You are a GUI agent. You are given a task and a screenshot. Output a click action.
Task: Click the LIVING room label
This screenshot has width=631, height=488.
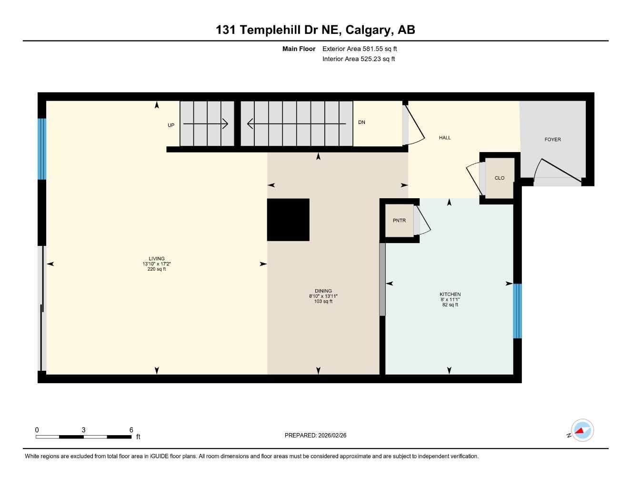click(x=157, y=259)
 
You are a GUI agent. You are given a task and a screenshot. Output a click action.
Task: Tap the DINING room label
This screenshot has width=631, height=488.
click(x=323, y=291)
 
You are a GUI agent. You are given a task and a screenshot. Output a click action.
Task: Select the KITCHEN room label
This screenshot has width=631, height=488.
click(x=450, y=295)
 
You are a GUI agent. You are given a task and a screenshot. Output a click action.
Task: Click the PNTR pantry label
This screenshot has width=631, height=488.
click(x=399, y=221)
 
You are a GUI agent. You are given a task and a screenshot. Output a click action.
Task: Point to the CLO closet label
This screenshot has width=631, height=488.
click(x=499, y=178)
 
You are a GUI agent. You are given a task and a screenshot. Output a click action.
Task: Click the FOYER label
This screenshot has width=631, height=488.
click(x=552, y=140)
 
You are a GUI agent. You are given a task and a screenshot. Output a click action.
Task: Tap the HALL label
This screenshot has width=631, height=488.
click(x=445, y=138)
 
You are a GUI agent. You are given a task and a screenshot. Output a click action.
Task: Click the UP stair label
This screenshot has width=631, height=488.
click(x=171, y=125)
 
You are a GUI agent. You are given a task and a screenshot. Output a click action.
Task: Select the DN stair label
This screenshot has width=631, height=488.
click(x=361, y=122)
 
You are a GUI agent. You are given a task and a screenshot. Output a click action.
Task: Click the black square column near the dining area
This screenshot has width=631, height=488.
click(x=288, y=220)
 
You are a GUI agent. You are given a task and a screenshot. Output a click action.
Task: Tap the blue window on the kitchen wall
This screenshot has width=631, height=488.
click(x=517, y=311)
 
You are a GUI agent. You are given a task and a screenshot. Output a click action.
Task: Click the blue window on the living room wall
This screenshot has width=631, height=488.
click(x=42, y=149)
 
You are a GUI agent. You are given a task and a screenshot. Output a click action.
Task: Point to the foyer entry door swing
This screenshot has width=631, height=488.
click(x=557, y=171)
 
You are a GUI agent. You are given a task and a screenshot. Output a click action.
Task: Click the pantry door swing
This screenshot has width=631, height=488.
click(x=422, y=220)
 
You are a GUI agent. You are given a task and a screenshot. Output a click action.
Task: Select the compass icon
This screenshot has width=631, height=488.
click(x=581, y=431)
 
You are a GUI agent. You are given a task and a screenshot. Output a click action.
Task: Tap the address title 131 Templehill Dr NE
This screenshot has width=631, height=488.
click(x=315, y=30)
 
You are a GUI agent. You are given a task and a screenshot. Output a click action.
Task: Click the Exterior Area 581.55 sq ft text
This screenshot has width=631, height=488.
click(x=360, y=49)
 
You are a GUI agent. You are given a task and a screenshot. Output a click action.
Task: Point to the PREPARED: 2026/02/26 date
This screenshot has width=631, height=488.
click(x=315, y=435)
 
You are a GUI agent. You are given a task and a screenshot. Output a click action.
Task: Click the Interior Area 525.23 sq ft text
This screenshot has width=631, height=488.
click(x=359, y=59)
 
